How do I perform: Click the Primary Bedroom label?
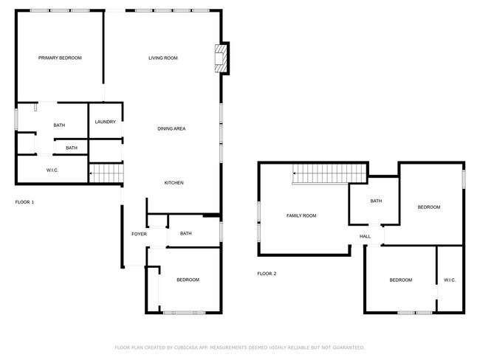(x=60, y=58)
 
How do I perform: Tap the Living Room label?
(x=163, y=58)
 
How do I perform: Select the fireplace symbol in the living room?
(x=221, y=58)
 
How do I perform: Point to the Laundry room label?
(x=106, y=122)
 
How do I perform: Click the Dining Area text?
(x=171, y=128)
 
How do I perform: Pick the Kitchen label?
(x=174, y=183)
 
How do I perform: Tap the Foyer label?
(x=140, y=234)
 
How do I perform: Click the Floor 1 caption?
(x=25, y=202)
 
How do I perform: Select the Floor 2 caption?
(x=267, y=274)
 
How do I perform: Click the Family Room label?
(x=301, y=215)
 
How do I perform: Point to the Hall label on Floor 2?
(x=366, y=236)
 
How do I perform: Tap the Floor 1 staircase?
(x=106, y=173)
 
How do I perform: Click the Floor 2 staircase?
(x=329, y=174)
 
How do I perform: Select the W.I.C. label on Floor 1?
(x=52, y=170)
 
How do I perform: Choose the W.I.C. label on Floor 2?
(x=450, y=280)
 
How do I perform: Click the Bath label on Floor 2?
(x=376, y=201)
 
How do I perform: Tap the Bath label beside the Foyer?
(x=186, y=233)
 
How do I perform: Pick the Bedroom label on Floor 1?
(x=188, y=280)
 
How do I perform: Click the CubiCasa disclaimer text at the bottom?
(x=240, y=347)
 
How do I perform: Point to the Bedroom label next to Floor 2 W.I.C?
(x=401, y=280)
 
